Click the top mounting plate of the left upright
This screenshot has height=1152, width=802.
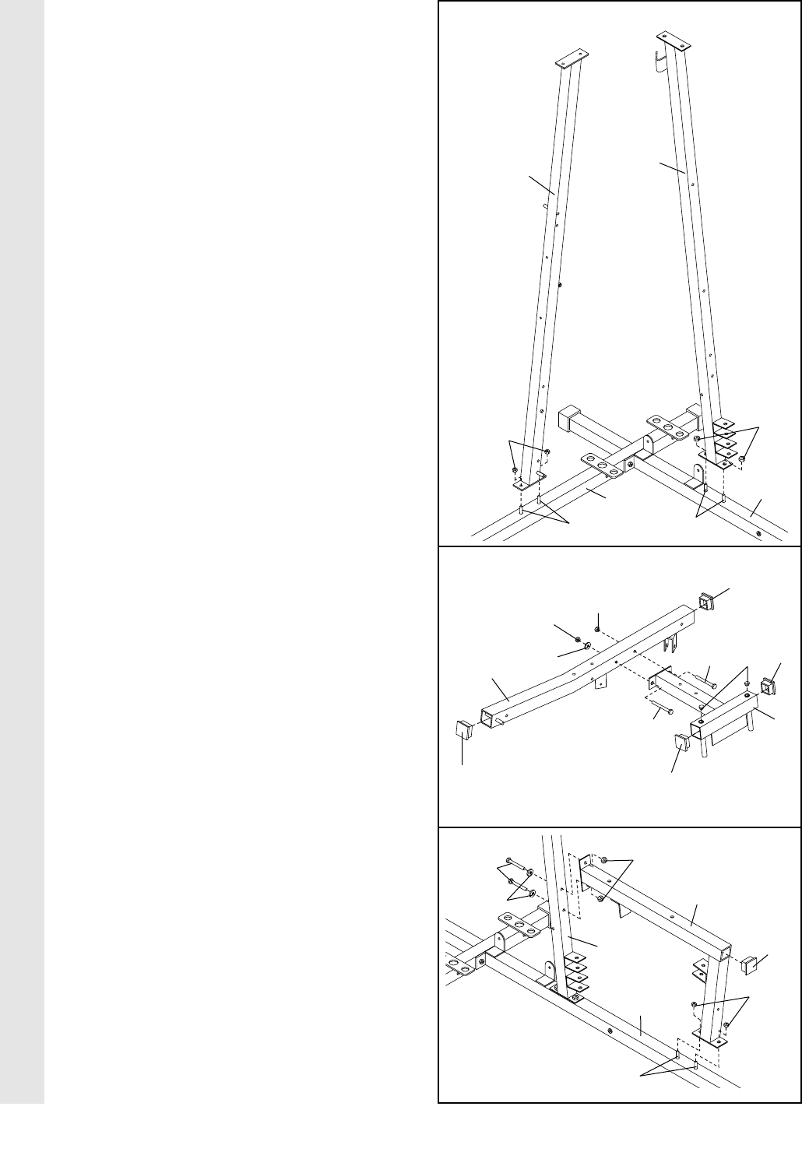[571, 60]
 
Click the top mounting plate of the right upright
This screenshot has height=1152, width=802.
[674, 37]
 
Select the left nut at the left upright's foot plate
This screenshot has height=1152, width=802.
[515, 470]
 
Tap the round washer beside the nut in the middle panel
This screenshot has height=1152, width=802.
[588, 645]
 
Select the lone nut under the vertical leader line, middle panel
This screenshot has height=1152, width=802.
[596, 630]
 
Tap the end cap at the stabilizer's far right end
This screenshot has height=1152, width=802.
[769, 687]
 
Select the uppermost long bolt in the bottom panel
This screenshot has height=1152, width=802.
[518, 864]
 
